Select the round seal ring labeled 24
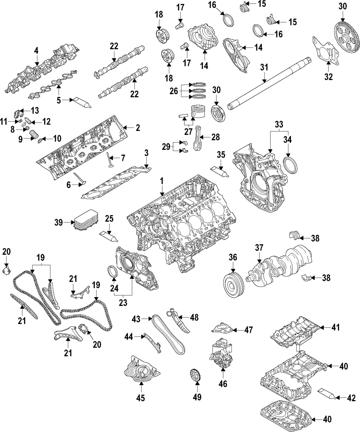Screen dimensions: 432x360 point(113,271)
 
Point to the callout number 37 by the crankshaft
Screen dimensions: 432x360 point(260,248)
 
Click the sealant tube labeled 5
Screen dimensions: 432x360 point(81,102)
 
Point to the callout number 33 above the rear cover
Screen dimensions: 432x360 point(279,124)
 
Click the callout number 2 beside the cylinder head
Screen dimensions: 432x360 point(138,127)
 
